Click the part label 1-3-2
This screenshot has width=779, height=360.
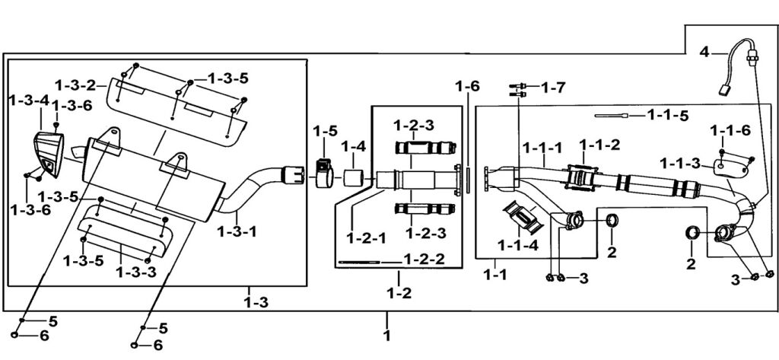tap(75, 84)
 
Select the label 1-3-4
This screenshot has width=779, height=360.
tap(28, 100)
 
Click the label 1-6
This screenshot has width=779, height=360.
tap(468, 87)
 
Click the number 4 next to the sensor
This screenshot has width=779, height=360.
tap(704, 52)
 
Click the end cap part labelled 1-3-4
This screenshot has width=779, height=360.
tap(47, 151)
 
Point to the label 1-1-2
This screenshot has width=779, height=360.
tap(600, 144)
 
